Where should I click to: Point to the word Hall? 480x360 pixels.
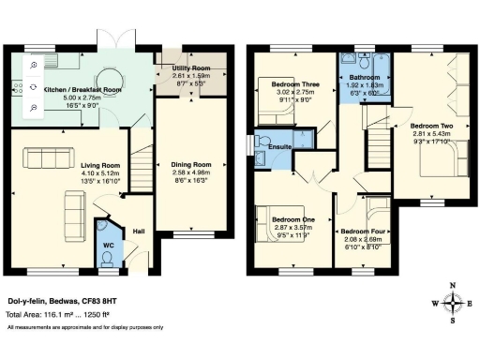click(138, 230)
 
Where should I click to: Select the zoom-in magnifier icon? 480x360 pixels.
click(34, 66)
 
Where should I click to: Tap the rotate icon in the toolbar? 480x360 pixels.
click(34, 87)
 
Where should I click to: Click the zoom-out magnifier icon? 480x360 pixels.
click(34, 108)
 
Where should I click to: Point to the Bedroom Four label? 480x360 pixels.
click(362, 231)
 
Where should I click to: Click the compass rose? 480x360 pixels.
click(454, 302)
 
